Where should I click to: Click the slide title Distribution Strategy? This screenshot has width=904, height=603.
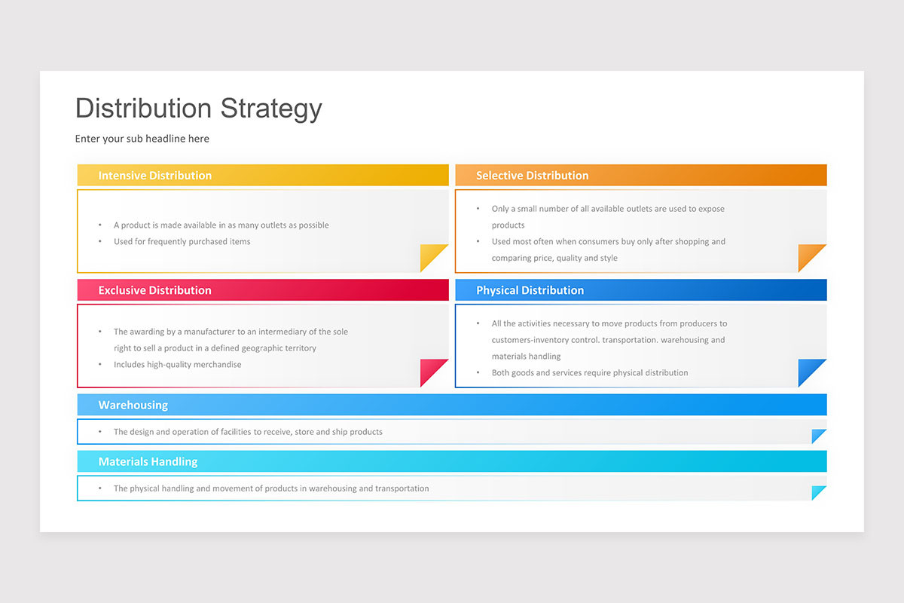198,109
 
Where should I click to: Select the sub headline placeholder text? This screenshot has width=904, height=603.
142,139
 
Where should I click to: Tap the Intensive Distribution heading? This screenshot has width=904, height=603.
154,176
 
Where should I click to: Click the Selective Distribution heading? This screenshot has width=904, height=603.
532,176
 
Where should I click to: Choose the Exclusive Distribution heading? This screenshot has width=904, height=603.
154,290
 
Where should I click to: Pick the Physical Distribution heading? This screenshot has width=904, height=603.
530,290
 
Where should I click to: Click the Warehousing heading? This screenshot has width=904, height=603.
133,406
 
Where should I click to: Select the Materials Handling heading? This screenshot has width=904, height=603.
148,462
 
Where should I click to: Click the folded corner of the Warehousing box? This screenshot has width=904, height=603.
818,436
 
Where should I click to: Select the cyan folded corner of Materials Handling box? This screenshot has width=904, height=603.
818,492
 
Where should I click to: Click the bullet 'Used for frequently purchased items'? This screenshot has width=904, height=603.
182,242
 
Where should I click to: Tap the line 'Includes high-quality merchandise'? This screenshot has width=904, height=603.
177,365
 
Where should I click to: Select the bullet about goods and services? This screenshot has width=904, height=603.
589,373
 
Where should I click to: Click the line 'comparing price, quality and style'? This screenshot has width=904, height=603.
554,259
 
